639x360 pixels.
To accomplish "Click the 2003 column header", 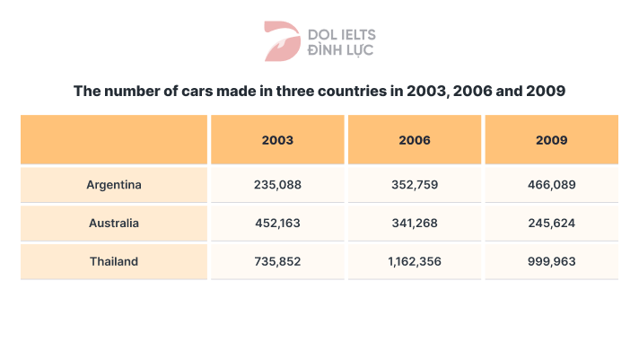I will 277,140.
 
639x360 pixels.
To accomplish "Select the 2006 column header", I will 414,140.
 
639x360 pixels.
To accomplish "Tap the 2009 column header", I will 551,140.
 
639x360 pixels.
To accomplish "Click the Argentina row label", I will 114,185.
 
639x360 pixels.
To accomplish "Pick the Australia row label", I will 114,223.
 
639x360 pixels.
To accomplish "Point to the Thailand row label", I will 114,261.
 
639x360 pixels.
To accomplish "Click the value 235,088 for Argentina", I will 277,185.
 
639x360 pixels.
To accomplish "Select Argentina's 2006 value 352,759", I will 414,185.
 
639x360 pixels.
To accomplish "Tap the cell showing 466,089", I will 551,185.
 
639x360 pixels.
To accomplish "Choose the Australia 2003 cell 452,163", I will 277,223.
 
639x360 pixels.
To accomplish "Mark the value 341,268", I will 414,223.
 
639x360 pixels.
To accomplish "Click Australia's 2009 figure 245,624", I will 551,223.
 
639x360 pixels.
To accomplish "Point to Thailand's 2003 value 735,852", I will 277,261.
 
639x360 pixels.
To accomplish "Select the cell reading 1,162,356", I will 414,261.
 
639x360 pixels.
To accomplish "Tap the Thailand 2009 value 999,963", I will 551,261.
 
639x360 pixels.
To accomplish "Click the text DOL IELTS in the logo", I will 341,34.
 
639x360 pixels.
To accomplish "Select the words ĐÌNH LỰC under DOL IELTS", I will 341,49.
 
